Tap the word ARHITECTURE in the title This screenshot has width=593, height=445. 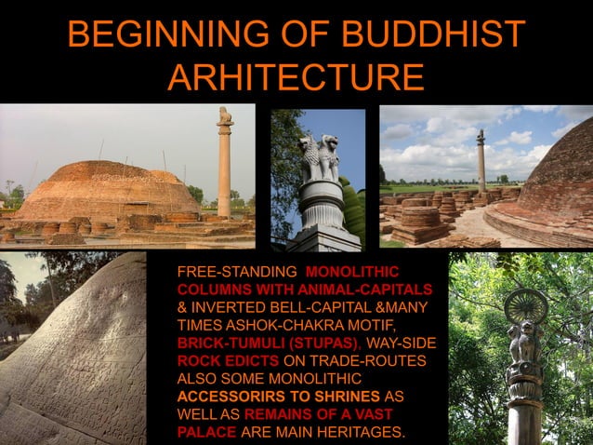point(296,79)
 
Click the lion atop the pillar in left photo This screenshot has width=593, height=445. point(224,115)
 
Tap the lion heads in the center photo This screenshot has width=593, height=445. point(317,149)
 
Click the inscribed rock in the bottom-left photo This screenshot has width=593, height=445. point(79,363)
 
